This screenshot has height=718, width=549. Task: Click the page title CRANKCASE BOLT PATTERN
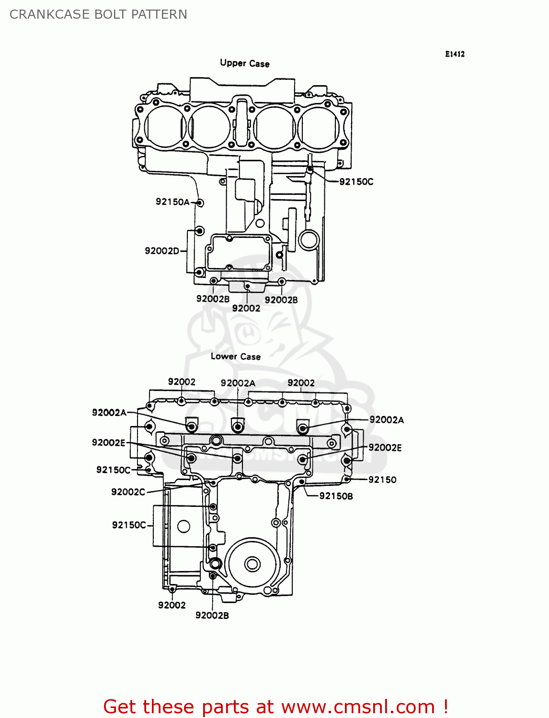pyautogui.click(x=98, y=14)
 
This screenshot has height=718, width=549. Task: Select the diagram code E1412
pyautogui.click(x=454, y=54)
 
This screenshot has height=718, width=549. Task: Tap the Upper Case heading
pyautogui.click(x=244, y=63)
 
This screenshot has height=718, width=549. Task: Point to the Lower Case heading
pyautogui.click(x=235, y=357)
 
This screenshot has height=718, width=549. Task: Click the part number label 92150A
pyautogui.click(x=172, y=202)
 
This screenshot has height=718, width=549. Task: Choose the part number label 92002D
pyautogui.click(x=162, y=251)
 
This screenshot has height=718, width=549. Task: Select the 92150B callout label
pyautogui.click(x=336, y=496)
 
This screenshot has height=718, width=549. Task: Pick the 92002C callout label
pyautogui.click(x=128, y=492)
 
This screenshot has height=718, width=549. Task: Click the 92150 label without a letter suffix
pyautogui.click(x=382, y=480)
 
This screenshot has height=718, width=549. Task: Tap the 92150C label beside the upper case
pyautogui.click(x=356, y=182)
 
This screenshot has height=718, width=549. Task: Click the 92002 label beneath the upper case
pyautogui.click(x=246, y=309)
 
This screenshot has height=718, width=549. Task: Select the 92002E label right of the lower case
pyautogui.click(x=385, y=448)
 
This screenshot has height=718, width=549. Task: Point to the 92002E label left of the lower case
pyautogui.click(x=109, y=443)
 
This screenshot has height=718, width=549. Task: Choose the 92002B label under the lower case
pyautogui.click(x=212, y=616)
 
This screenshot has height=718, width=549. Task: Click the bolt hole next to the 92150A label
pyautogui.click(x=200, y=203)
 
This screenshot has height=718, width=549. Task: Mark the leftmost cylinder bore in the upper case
pyautogui.click(x=164, y=127)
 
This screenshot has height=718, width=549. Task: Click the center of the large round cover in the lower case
pyautogui.click(x=252, y=564)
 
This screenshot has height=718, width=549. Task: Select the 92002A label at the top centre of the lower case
pyautogui.click(x=238, y=383)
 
